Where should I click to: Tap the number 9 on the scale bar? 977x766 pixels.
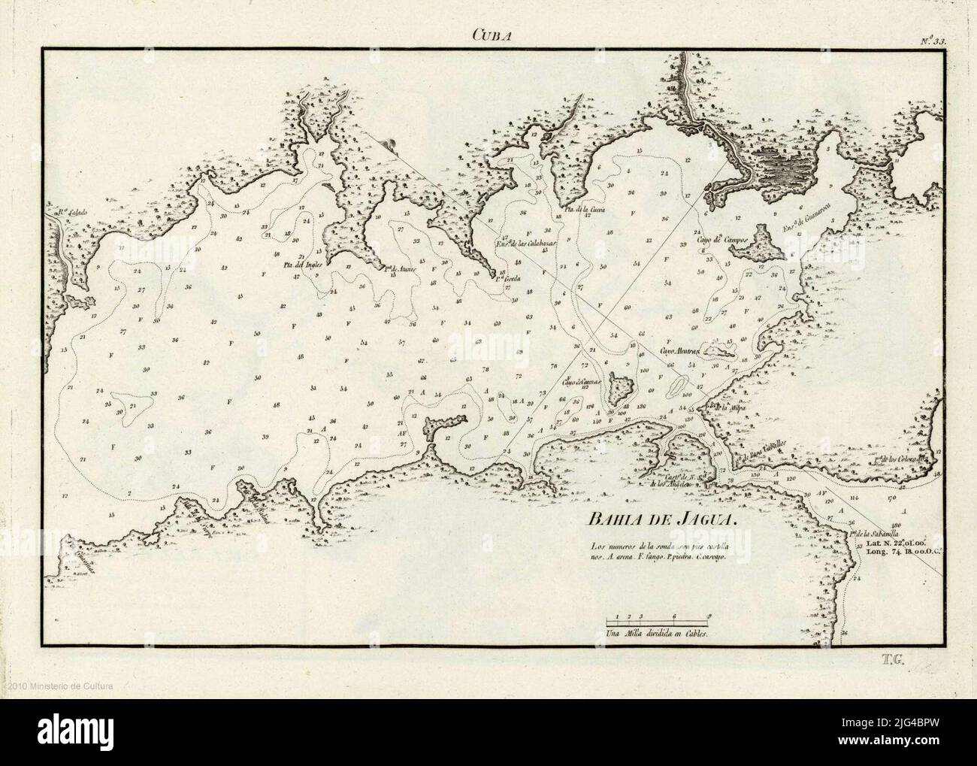(709, 616)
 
